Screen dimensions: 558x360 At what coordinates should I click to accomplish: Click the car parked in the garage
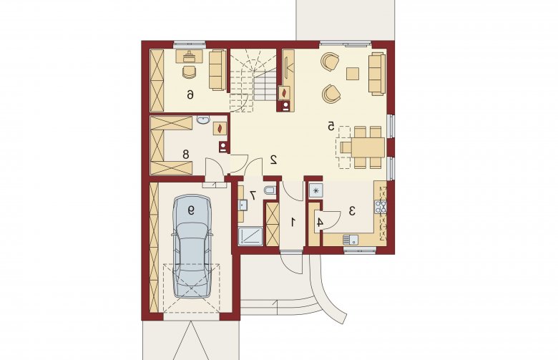[192, 245]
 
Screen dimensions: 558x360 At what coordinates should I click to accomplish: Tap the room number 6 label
[191, 94]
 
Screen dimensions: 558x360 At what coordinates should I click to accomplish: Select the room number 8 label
[186, 155]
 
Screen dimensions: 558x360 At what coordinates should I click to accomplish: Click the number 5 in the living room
[331, 126]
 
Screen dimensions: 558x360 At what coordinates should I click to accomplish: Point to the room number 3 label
[352, 211]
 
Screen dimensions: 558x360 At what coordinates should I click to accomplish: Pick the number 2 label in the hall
[274, 160]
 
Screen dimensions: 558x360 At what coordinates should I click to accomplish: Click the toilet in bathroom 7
[270, 190]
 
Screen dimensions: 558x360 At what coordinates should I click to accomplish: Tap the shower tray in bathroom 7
[250, 236]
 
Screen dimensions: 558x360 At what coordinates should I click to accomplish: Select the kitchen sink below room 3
[351, 240]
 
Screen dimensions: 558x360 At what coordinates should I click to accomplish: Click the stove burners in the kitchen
[381, 206]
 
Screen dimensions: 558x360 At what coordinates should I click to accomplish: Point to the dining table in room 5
[368, 147]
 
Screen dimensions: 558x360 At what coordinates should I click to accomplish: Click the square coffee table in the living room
[353, 74]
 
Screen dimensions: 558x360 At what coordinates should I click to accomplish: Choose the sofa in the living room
[377, 74]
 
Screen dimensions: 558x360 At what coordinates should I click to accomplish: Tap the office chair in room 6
[190, 72]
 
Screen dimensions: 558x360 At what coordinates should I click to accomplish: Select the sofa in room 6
[217, 70]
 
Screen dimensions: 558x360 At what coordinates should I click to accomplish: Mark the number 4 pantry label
[320, 223]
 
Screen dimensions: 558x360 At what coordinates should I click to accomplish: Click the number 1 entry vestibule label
[293, 223]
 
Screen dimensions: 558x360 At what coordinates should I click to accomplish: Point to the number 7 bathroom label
[253, 195]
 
